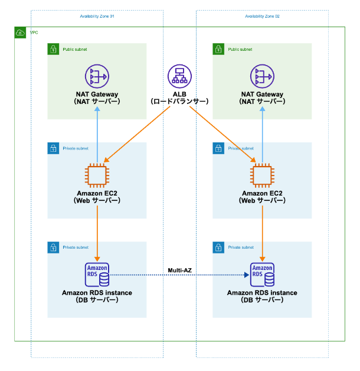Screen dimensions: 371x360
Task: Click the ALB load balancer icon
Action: pyautogui.click(x=180, y=76)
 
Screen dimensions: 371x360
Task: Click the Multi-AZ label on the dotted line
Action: pyautogui.click(x=179, y=269)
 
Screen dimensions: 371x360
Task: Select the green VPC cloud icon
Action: pyautogui.click(x=20, y=32)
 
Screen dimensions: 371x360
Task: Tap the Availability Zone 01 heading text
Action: pyautogui.click(x=97, y=16)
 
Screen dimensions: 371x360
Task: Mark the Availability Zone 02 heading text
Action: pyautogui.click(x=262, y=16)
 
